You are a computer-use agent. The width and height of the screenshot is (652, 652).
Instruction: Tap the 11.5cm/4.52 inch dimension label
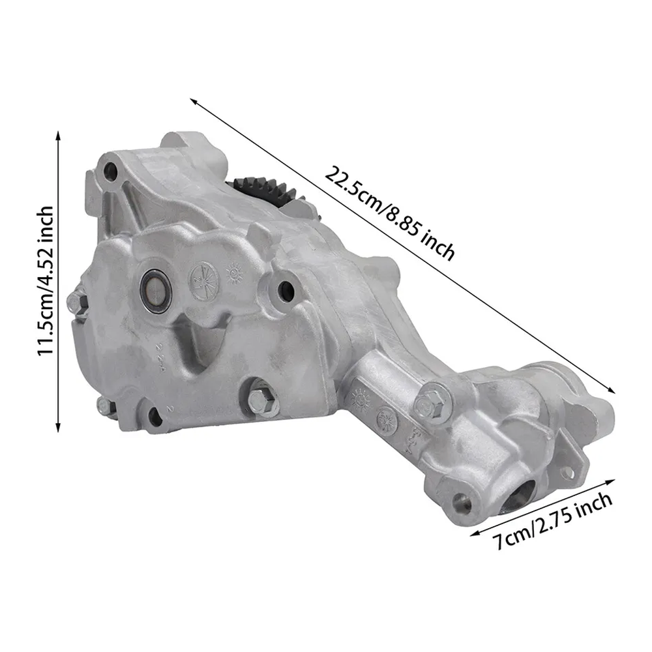pyautogui.click(x=46, y=280)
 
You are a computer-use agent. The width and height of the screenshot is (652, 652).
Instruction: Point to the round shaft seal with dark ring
pyautogui.click(x=155, y=290)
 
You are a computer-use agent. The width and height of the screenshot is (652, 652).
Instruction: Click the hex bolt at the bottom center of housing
pyautogui.click(x=263, y=402)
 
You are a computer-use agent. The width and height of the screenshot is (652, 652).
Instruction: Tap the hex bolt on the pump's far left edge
pyautogui.click(x=76, y=300)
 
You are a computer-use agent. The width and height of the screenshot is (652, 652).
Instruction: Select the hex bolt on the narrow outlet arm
pyautogui.click(x=431, y=402)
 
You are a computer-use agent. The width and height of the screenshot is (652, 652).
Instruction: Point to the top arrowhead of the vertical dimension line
pyautogui.click(x=58, y=136)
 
